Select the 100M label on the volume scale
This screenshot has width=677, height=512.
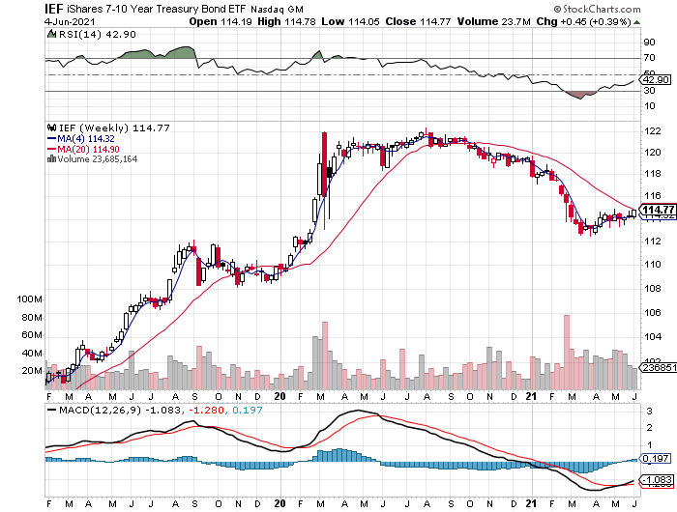(32, 300)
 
